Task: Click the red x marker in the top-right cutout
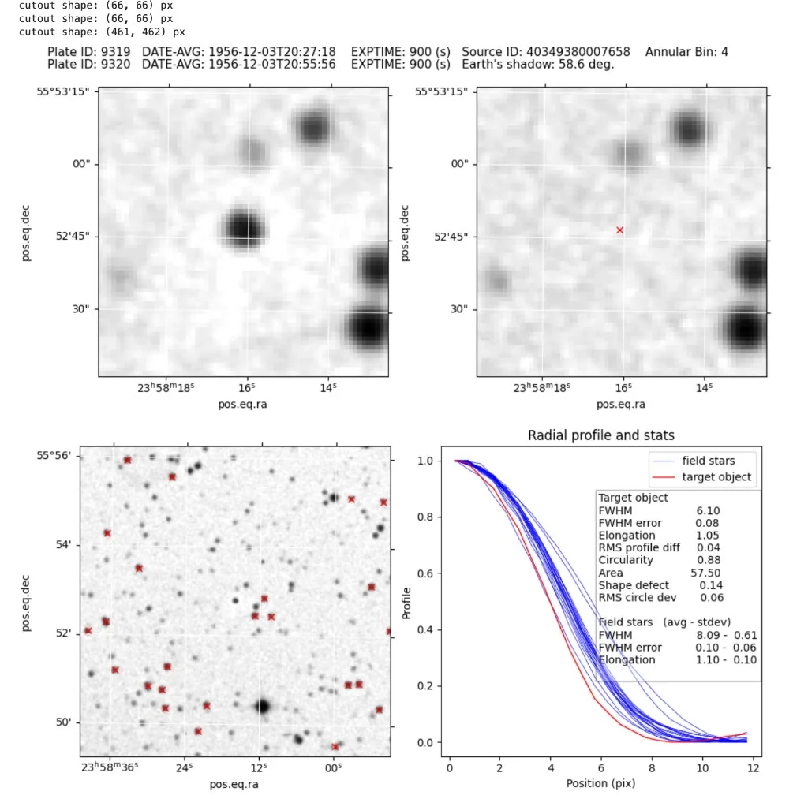[x=619, y=230]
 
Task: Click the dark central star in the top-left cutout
[x=243, y=227]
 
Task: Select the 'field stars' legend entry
[x=708, y=461]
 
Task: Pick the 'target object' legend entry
[x=716, y=477]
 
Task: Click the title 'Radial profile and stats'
[x=600, y=435]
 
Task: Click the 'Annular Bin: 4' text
[x=686, y=52]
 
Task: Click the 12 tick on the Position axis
[x=753, y=768]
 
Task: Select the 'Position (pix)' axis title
[x=600, y=784]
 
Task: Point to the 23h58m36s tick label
[x=110, y=767]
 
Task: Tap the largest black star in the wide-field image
[x=263, y=706]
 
